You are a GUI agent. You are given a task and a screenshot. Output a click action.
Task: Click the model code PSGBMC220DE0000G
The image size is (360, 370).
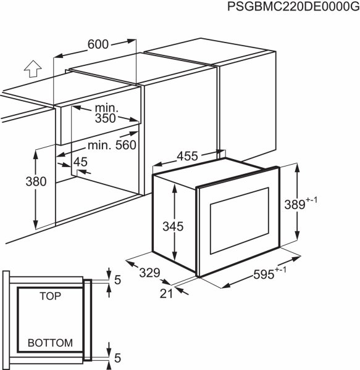coord(293,6)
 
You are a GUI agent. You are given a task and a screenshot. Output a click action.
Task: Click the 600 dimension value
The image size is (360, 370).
coord(98,44)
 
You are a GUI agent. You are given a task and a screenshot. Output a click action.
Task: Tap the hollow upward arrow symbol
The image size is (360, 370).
coord(33,68)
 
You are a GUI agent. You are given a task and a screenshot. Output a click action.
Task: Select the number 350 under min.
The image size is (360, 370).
coord(106,118)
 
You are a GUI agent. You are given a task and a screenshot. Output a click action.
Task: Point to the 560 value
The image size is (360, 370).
coord(126,145)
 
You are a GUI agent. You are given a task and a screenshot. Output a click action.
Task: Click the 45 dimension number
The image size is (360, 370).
coord(80,162)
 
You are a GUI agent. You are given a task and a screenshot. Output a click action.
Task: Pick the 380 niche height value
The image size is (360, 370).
coord(36,182)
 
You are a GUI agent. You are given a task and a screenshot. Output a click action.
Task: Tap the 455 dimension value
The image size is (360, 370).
coord(187,156)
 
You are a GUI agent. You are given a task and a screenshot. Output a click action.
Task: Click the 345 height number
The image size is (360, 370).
coord(173,226)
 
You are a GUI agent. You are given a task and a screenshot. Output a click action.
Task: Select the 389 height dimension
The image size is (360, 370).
coord(295,204)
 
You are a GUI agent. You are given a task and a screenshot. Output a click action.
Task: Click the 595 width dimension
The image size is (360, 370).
coord(264,274)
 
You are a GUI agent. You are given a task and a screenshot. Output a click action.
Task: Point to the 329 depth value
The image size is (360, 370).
coord(149,273)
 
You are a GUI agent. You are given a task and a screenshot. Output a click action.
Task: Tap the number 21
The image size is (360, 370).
coord(166,294)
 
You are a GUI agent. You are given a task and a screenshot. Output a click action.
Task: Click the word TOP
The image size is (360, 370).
coord(50,296)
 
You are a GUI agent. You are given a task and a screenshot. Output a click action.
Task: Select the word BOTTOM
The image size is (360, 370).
coord(50,343)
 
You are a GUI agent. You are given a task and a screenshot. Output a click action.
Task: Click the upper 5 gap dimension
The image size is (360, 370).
coord(118,280)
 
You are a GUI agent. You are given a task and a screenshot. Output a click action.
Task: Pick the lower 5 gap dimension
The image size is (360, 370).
coord(118,358)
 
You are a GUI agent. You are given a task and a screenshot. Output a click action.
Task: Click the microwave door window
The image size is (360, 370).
coord(240,220)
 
